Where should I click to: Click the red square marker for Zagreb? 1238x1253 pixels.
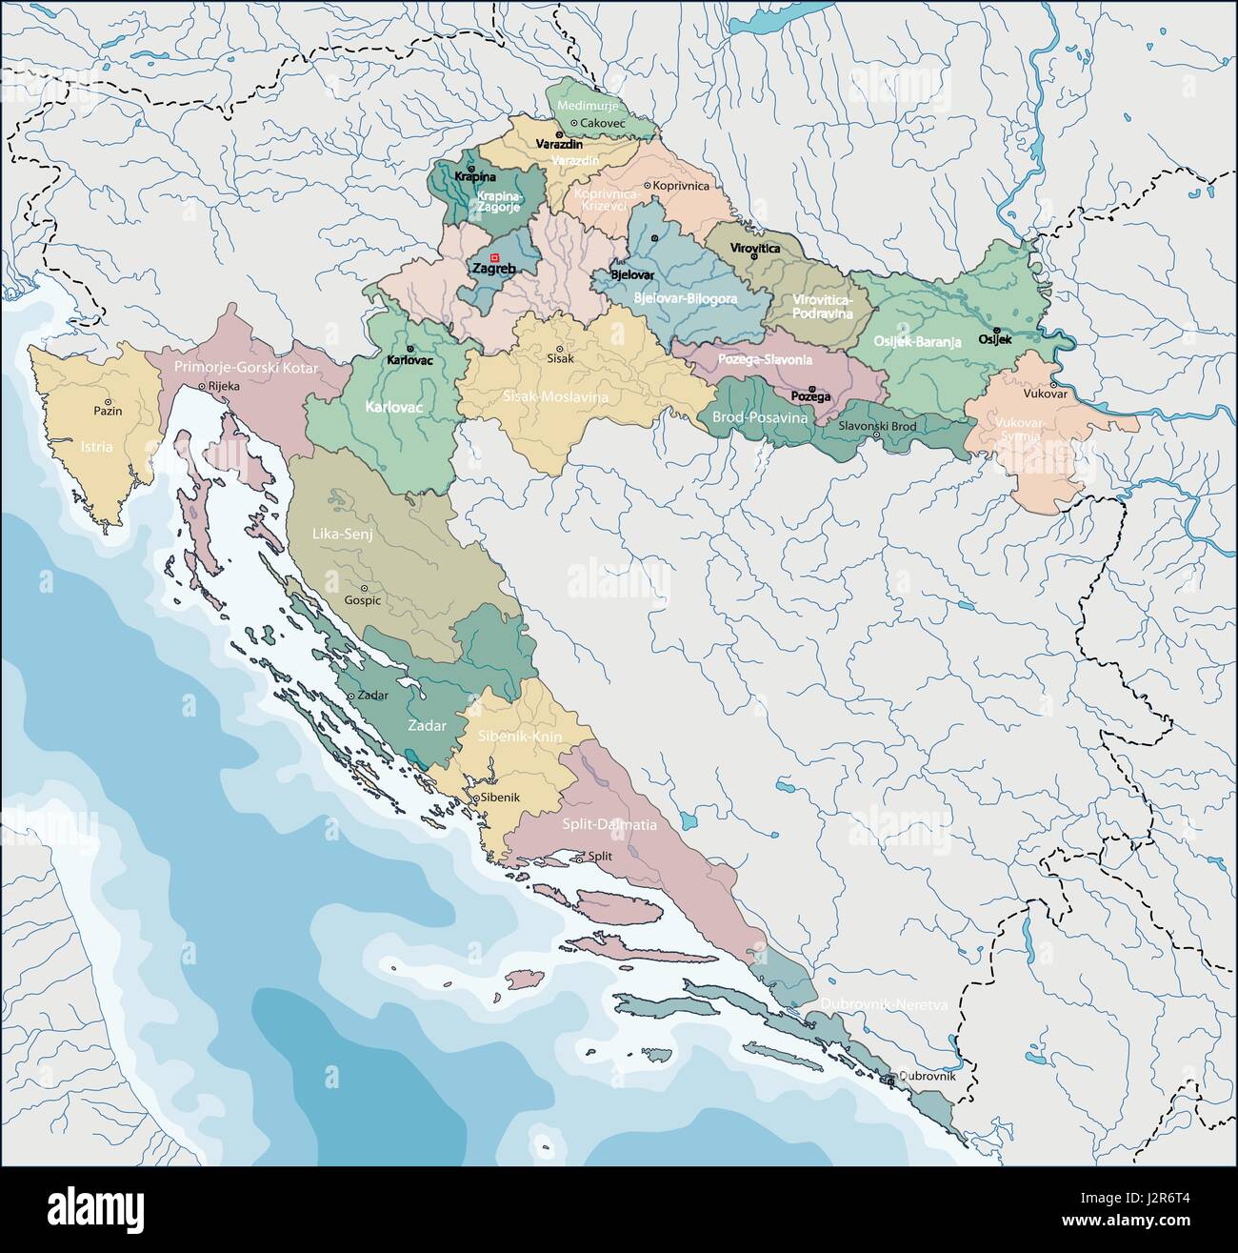[493, 257]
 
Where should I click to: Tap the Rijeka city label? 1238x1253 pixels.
[225, 386]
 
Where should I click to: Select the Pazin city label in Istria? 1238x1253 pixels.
[108, 412]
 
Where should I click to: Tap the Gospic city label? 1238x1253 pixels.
[363, 600]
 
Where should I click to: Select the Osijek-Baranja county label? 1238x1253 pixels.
[917, 340]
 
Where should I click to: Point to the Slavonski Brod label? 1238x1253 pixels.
[877, 426]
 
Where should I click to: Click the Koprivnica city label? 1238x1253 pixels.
[682, 186]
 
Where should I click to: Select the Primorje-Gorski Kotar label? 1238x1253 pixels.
[245, 366]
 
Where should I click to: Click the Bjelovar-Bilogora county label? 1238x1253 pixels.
[685, 298]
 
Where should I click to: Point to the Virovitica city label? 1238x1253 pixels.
[754, 248]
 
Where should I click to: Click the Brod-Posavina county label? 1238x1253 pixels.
[759, 417]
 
